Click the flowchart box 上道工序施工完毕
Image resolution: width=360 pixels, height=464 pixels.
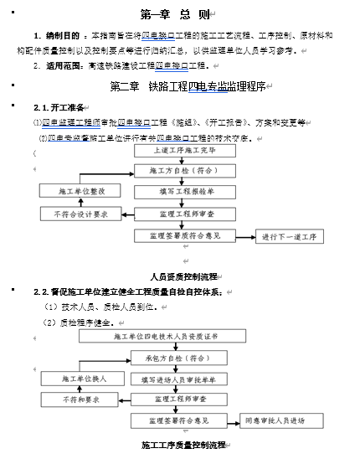[x=183, y=152]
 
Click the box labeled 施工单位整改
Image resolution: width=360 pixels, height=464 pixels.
[x=82, y=192]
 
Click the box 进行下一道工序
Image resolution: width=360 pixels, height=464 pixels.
[x=288, y=237]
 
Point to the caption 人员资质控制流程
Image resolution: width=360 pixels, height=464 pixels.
[x=183, y=276]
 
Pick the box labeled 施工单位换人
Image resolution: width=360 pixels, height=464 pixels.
[x=84, y=379]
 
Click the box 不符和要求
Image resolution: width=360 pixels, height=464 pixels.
[x=83, y=400]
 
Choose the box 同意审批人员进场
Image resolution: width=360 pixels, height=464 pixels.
[x=275, y=420]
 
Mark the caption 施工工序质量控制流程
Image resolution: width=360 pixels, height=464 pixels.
[x=184, y=445]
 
